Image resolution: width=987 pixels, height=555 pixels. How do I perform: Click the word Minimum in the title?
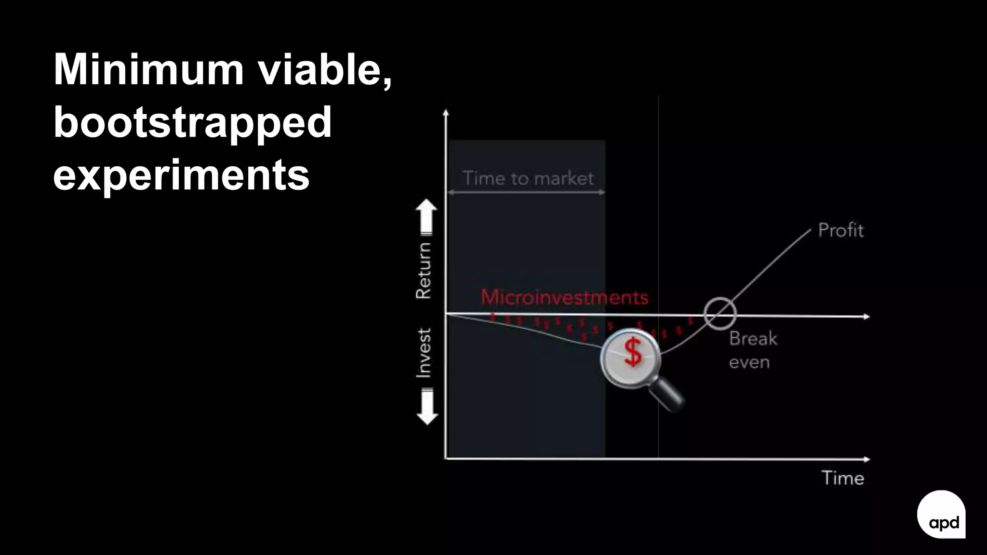click(x=148, y=70)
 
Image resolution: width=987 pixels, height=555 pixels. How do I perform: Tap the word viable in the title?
click(x=324, y=70)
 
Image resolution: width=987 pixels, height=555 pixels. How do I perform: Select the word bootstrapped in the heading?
click(x=192, y=122)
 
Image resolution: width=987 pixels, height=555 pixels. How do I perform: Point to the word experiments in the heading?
click(x=181, y=175)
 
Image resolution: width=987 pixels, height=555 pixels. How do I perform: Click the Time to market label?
click(x=528, y=179)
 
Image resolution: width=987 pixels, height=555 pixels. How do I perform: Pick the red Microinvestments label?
click(x=564, y=297)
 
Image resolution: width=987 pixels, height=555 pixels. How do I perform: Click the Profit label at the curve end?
click(x=841, y=230)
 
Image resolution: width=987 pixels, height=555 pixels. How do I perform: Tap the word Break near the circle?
click(x=753, y=339)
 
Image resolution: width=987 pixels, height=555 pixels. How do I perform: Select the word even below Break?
click(x=749, y=362)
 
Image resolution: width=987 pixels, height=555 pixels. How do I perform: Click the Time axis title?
click(x=842, y=478)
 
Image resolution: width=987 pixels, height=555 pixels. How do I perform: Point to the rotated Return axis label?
click(x=424, y=270)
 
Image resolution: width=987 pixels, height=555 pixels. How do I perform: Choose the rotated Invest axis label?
click(x=424, y=353)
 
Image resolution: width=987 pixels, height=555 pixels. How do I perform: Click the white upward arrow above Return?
click(x=427, y=217)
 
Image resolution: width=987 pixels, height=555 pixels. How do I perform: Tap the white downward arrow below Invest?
click(x=427, y=408)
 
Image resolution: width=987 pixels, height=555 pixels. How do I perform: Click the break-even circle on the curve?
click(x=720, y=314)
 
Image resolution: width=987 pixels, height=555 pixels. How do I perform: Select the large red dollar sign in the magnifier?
click(x=633, y=352)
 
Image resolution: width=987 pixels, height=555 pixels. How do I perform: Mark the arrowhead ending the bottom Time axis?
click(x=867, y=459)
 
